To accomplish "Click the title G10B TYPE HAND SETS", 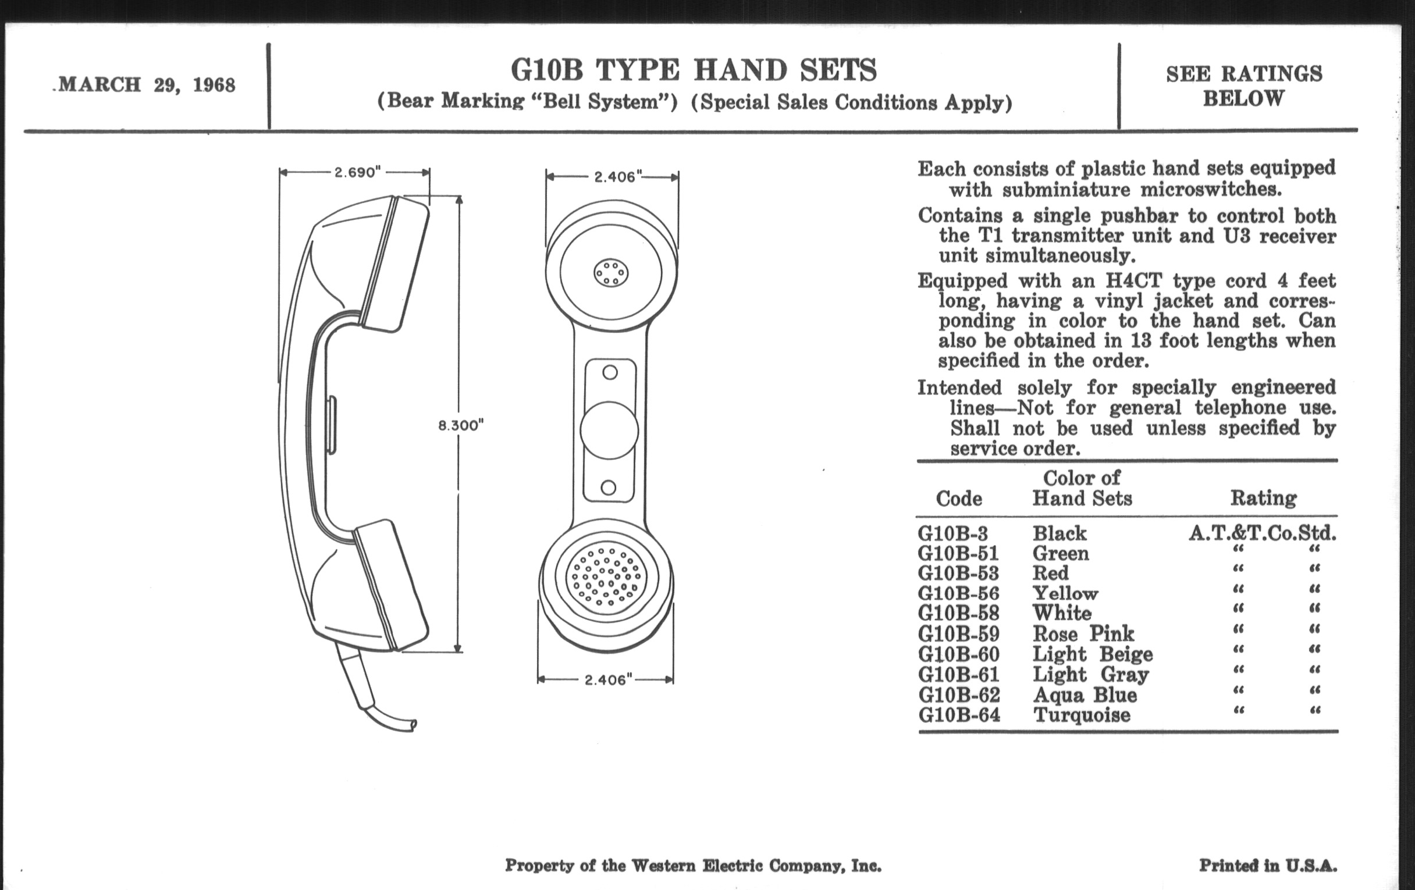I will pos(694,70).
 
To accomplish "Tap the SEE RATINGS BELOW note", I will pos(1244,86).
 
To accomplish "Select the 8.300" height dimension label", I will pos(461,425).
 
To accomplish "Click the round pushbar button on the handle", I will pos(609,430).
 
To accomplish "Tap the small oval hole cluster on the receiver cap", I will pos(611,273).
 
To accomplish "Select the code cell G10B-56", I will pos(958,593).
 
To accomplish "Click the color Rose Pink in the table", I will pos(1083,634).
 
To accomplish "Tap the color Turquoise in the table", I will pos(1082,715).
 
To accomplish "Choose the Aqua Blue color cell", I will pos(1085,695).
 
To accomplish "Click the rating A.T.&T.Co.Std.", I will pos(1262,533).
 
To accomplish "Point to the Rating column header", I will pos(1263,498).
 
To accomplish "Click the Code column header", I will pos(958,499).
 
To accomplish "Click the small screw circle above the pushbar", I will pos(610,372).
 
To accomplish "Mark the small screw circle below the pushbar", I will pos(609,487).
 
